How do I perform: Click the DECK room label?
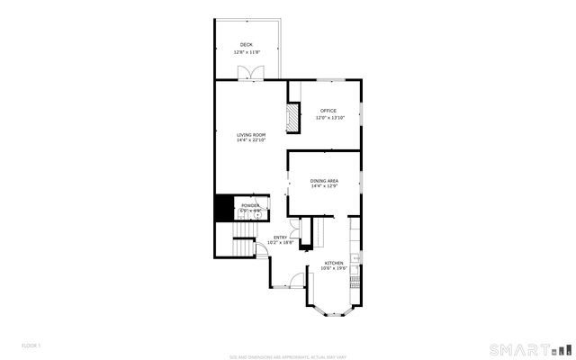point(246,45)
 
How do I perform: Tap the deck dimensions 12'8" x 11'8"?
point(246,52)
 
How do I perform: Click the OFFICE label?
point(328,111)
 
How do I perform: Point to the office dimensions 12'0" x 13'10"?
point(328,118)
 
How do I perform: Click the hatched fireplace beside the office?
point(292,117)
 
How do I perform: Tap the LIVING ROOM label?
point(251,134)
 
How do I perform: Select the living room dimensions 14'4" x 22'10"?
point(251,140)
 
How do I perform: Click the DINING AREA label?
point(324,181)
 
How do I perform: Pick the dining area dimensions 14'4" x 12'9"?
point(324,187)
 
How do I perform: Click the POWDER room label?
point(249,206)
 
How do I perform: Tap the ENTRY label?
point(281,238)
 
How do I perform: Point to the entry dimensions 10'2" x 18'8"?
point(281,243)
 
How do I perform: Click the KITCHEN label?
point(334,263)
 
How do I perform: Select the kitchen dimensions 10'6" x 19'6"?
point(334,268)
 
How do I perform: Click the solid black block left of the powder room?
point(222,208)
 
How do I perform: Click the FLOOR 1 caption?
point(31,346)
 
